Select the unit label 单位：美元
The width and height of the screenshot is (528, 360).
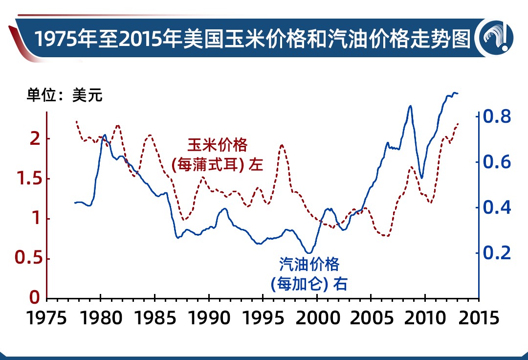click(65, 95)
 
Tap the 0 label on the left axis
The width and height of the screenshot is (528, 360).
click(35, 297)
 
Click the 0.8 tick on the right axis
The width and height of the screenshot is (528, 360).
click(497, 117)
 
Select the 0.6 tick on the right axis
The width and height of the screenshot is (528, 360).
click(497, 162)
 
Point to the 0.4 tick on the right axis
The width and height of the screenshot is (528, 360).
click(497, 208)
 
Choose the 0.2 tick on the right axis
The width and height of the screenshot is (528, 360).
click(497, 253)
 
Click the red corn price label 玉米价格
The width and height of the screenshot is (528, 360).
click(218, 145)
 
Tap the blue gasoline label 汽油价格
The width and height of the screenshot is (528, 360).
click(309, 265)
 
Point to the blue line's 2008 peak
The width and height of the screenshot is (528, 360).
click(410, 106)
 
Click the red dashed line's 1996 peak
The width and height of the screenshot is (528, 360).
click(282, 145)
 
